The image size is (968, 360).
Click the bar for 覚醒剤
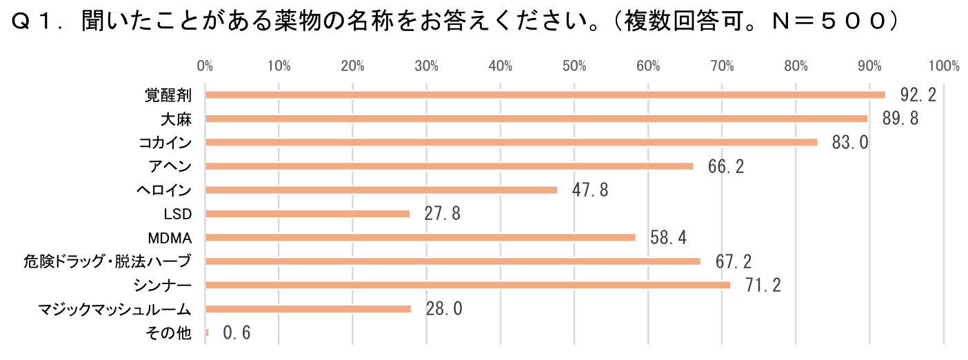(545, 94)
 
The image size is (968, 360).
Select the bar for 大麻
(536, 119)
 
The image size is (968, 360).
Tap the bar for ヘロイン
(381, 190)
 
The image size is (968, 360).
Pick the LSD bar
(307, 214)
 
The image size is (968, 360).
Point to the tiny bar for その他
(207, 333)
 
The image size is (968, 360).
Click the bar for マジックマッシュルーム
(308, 309)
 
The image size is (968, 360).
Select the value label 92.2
(918, 94)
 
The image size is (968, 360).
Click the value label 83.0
(850, 143)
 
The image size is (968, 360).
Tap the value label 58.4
(668, 238)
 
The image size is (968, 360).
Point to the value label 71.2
(763, 286)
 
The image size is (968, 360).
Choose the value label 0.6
(236, 333)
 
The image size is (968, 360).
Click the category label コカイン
(165, 143)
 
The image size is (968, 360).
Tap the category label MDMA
(170, 238)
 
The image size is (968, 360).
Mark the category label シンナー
(165, 286)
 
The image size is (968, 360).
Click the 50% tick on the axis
(574, 66)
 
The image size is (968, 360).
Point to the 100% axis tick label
(944, 66)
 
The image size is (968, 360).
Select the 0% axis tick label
(205, 66)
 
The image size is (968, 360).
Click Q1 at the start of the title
(33, 23)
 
